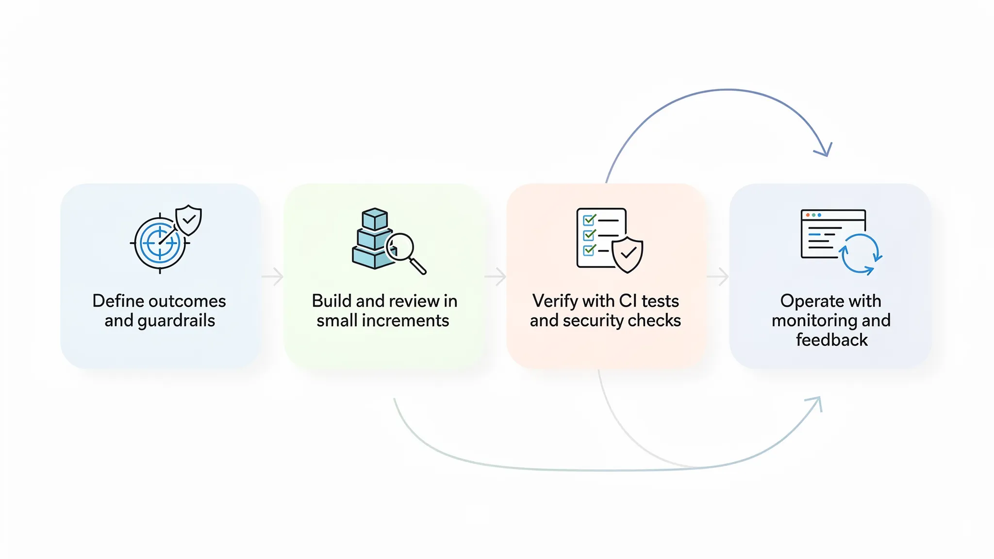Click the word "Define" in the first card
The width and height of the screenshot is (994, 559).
point(118,301)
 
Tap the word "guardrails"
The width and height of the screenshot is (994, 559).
point(177,321)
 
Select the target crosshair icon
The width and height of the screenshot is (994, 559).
point(159,243)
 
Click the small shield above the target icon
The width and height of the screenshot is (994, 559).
point(189,220)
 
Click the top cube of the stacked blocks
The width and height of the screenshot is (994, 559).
point(375,219)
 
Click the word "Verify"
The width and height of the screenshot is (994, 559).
point(555,301)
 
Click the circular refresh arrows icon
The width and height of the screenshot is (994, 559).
point(860,254)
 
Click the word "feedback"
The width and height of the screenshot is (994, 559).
point(831,340)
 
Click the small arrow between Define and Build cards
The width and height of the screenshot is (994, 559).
point(273,277)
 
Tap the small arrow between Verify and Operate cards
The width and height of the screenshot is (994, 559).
point(718,277)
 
